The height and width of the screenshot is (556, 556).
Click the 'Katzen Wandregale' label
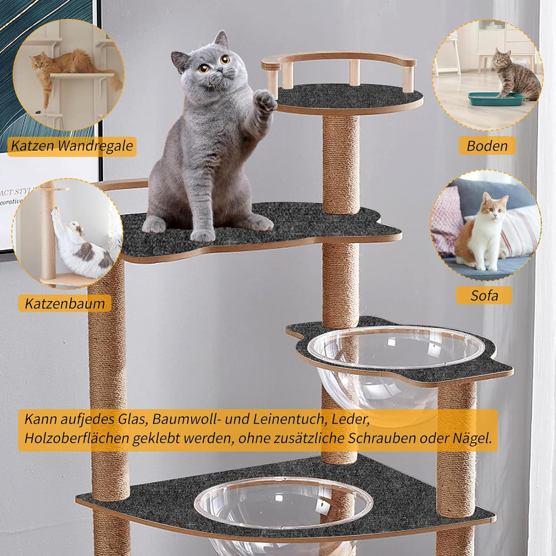[x=72, y=146]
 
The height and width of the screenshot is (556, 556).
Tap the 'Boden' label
[x=487, y=146]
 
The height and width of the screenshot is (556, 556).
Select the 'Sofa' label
[x=484, y=295]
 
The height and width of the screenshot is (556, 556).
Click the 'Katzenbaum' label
[x=65, y=303]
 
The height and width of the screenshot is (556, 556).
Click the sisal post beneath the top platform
[x=341, y=163]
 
